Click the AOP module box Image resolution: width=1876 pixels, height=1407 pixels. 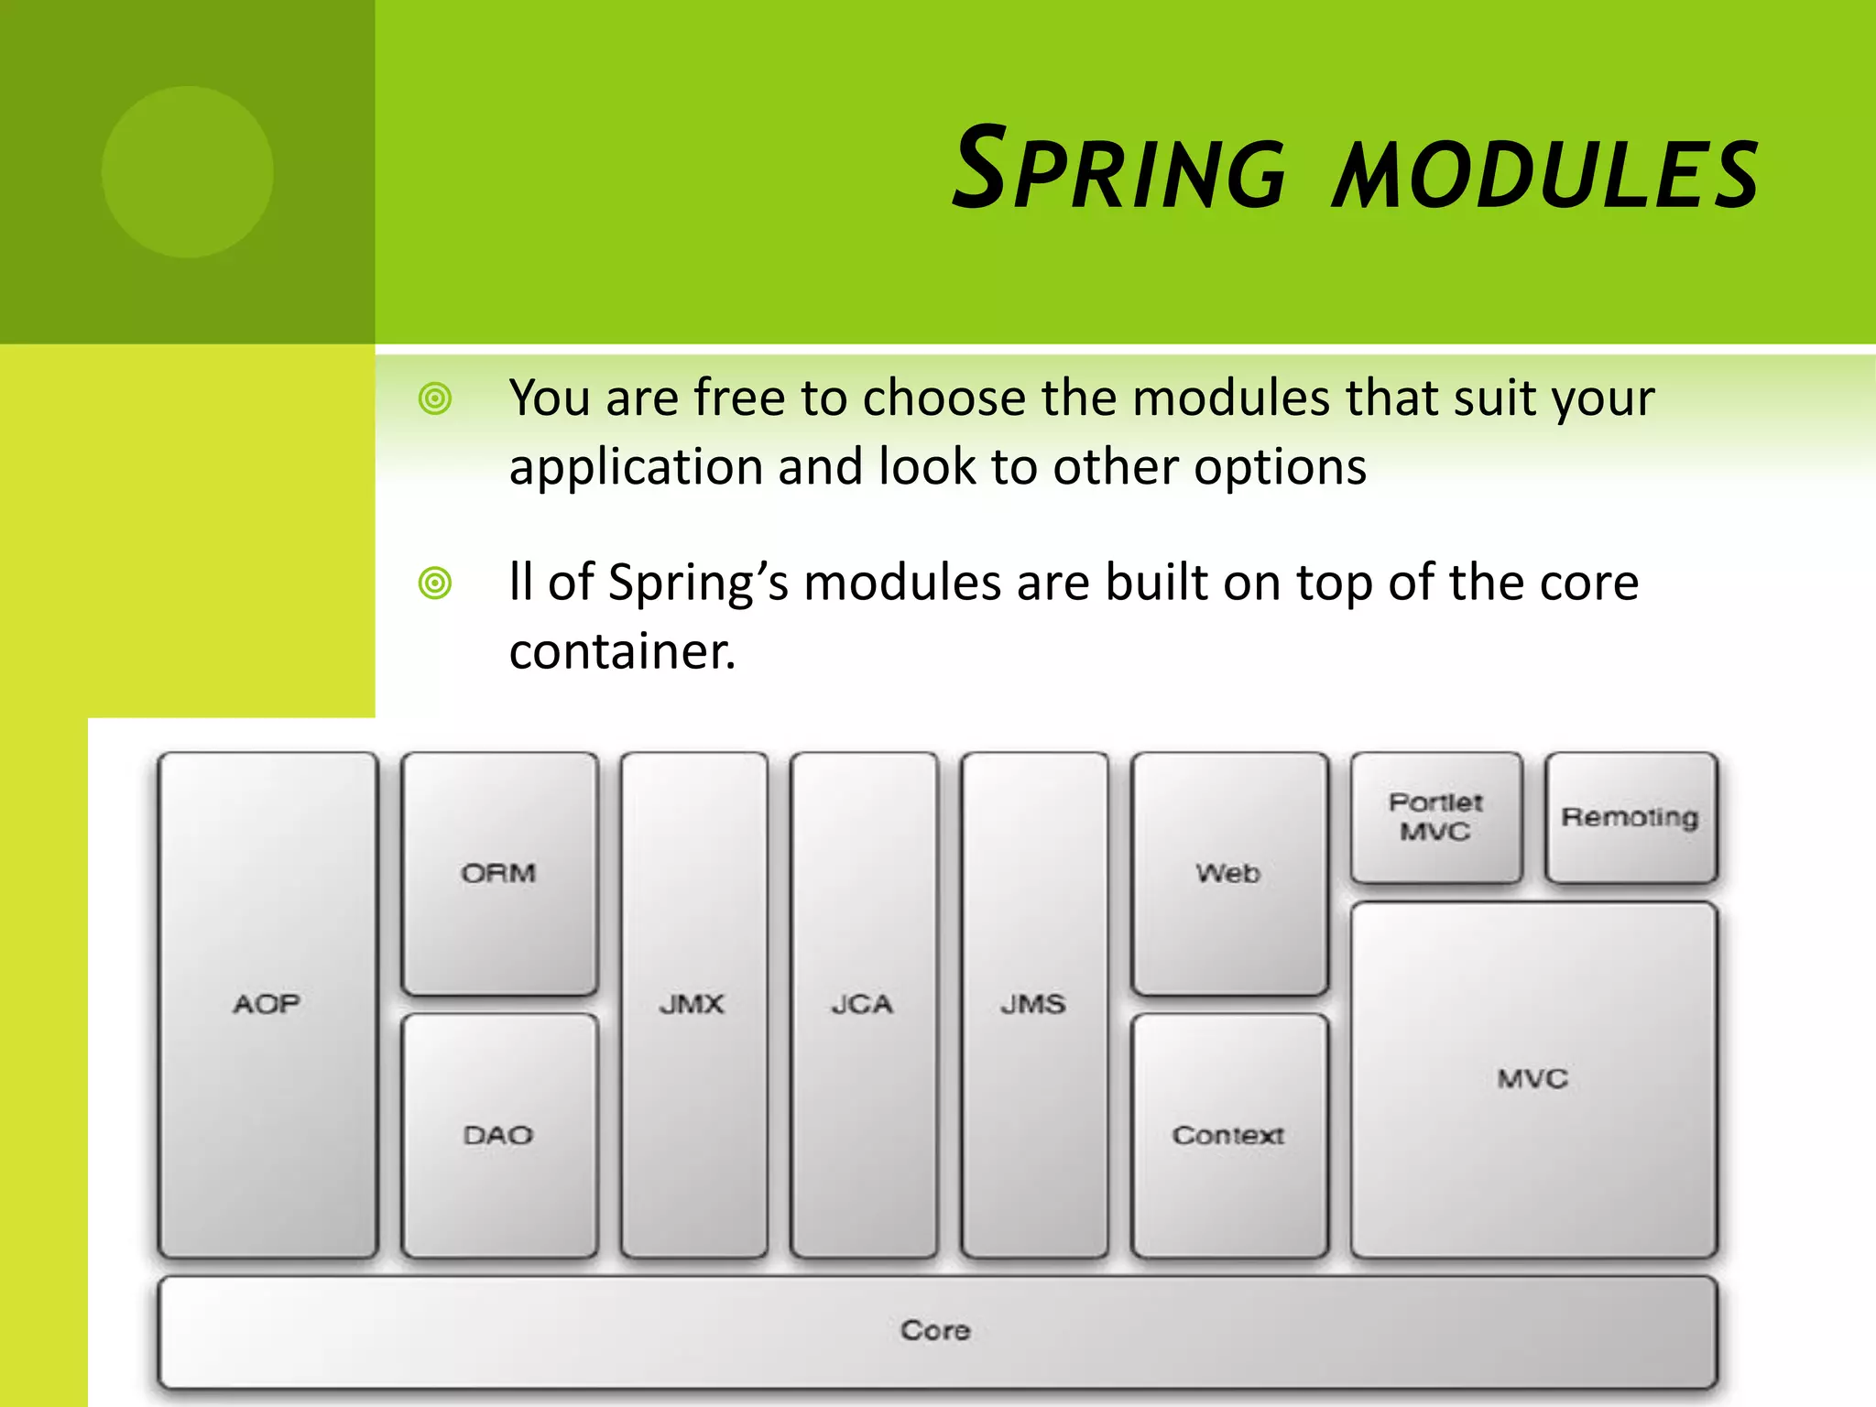[267, 1005]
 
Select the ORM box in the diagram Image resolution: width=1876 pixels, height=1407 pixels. [499, 873]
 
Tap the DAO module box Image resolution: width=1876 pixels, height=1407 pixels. [499, 1135]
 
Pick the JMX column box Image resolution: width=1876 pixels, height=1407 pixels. [693, 1005]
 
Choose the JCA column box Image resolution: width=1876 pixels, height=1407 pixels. [863, 1005]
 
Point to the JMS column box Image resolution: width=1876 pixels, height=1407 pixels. [1033, 1005]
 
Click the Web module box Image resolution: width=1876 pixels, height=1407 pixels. [1228, 873]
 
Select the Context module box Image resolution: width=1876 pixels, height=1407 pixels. [1228, 1135]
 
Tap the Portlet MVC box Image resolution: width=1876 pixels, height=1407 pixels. [1435, 816]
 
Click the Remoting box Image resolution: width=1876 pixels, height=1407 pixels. [1631, 816]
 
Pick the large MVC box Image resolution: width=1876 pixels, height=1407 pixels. [1532, 1079]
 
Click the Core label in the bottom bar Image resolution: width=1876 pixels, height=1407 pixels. [935, 1329]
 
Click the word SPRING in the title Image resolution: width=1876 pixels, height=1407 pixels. [1119, 170]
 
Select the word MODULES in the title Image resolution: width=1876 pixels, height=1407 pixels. [1545, 174]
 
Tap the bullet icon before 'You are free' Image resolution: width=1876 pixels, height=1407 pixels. [435, 398]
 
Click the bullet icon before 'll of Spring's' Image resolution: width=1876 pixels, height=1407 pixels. [435, 583]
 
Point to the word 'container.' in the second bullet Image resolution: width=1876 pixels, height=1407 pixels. [622, 652]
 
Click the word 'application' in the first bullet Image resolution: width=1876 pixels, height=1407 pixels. [635, 467]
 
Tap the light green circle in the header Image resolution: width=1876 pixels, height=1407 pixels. [188, 171]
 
